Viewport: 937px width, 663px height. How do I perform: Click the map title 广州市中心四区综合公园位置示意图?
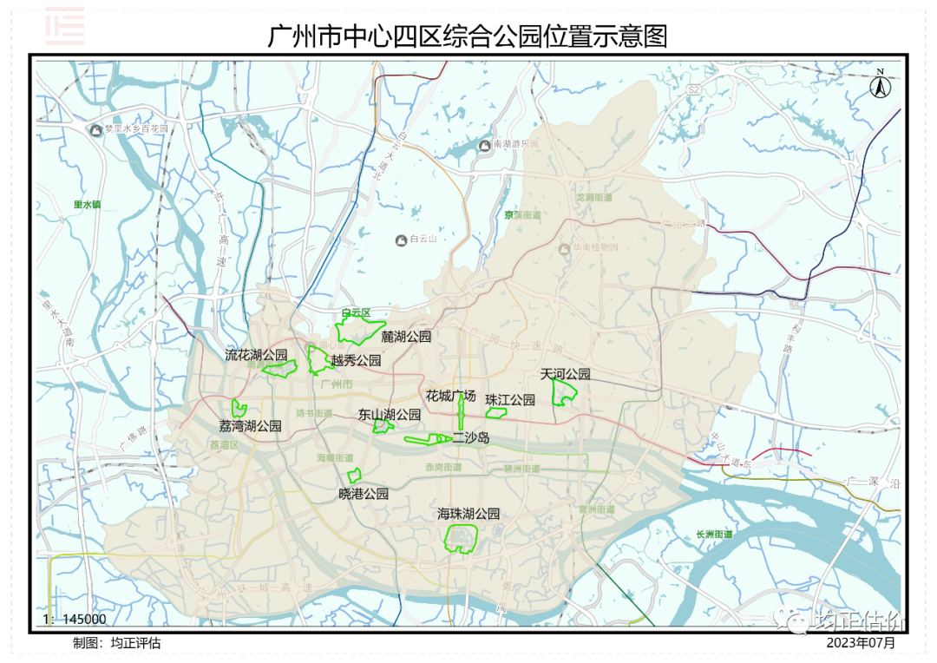[468, 37]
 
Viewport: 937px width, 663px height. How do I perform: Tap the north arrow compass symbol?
[880, 85]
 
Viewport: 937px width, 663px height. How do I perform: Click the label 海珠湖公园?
[468, 514]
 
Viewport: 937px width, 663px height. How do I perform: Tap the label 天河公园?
[566, 374]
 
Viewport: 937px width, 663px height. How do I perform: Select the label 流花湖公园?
[256, 355]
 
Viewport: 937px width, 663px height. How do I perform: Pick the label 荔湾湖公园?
[250, 426]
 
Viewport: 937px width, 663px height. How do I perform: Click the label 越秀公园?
[356, 360]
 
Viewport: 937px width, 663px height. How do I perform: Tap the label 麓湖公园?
[406, 337]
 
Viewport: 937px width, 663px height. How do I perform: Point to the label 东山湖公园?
[390, 415]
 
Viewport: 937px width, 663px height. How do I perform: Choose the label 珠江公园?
[510, 400]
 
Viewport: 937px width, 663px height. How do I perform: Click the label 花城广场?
[451, 396]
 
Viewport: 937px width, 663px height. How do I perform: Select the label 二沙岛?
[471, 438]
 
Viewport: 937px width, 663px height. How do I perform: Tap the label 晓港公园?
[364, 494]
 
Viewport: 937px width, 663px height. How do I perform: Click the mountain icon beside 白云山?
[401, 240]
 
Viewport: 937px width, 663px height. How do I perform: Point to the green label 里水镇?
[88, 205]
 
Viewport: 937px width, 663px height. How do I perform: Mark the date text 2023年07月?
[860, 643]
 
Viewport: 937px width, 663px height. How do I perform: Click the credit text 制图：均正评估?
[117, 643]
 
